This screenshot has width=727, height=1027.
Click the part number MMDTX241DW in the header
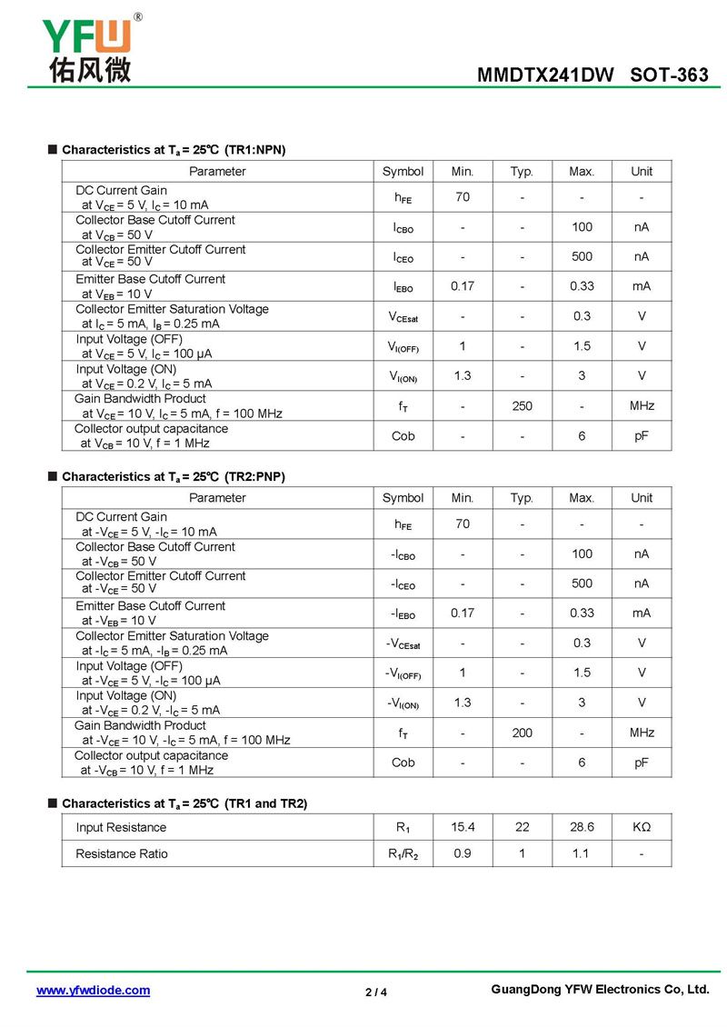click(x=545, y=75)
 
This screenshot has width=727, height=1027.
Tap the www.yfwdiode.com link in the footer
click(x=93, y=991)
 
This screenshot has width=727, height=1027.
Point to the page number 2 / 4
click(x=376, y=992)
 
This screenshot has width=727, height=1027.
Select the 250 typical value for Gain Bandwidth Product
click(x=522, y=406)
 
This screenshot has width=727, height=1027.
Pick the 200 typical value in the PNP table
click(x=522, y=733)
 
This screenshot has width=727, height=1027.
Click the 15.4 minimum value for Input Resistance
click(x=463, y=827)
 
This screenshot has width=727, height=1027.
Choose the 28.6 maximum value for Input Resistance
click(x=582, y=827)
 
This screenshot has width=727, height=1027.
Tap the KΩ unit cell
click(x=642, y=827)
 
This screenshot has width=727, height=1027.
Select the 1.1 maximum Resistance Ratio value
click(x=582, y=853)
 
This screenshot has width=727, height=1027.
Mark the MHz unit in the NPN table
click(x=642, y=406)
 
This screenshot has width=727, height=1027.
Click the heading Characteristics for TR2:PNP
click(x=173, y=476)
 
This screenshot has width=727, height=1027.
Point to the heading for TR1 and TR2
click(x=184, y=803)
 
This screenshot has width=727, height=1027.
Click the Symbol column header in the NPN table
click(x=403, y=171)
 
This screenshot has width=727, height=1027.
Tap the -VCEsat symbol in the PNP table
click(x=403, y=643)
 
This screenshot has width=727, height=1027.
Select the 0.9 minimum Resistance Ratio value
click(x=463, y=853)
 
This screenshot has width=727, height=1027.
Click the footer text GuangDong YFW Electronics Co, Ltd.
click(x=599, y=990)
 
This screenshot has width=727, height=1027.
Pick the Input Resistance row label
click(x=121, y=827)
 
